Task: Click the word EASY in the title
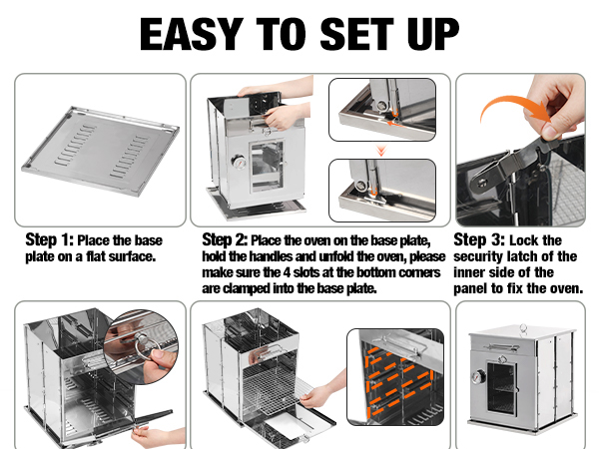(194, 34)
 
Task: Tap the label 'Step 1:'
(47, 240)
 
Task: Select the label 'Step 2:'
(225, 240)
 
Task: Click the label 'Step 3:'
(478, 240)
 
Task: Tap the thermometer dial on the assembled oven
(480, 379)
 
